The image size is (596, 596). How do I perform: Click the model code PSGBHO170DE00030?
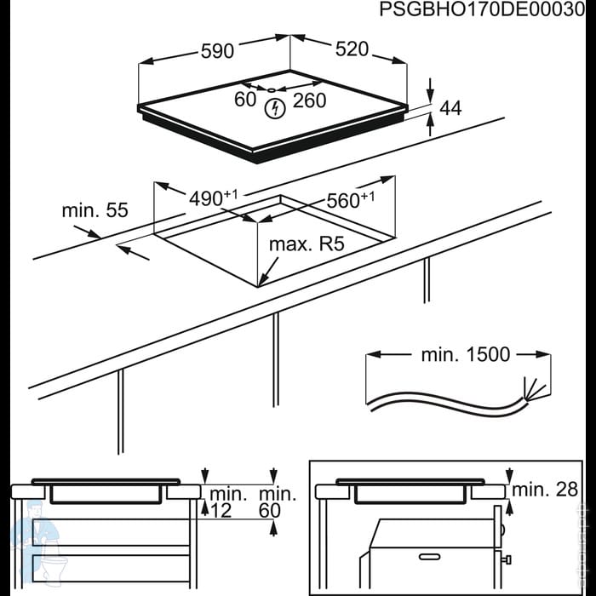coord(482,10)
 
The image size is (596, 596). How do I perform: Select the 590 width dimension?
coord(217,51)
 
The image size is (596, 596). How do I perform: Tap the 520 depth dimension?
coord(352,49)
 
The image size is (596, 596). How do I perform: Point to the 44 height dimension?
coord(450,108)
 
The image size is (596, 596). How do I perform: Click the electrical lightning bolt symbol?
coord(275,109)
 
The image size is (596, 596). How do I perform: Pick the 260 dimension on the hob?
coord(309,100)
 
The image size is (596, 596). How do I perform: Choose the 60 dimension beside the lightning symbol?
coord(245,100)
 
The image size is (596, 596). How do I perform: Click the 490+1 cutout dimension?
coord(213,198)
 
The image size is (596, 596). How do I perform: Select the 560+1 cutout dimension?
coord(351,199)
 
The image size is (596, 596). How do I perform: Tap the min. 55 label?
coord(95,210)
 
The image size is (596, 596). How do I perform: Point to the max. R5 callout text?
coord(307,244)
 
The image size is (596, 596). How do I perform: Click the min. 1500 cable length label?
coord(466,355)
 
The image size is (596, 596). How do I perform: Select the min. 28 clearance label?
coord(545,490)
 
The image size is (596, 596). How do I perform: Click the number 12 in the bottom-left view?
coord(221,511)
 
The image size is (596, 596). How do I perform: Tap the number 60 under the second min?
coord(270,511)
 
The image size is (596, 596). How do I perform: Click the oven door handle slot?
coord(429,557)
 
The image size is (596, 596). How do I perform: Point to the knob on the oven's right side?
coord(506,560)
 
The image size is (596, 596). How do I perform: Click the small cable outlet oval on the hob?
coord(271,90)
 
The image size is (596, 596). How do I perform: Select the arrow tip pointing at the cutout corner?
coord(259,286)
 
